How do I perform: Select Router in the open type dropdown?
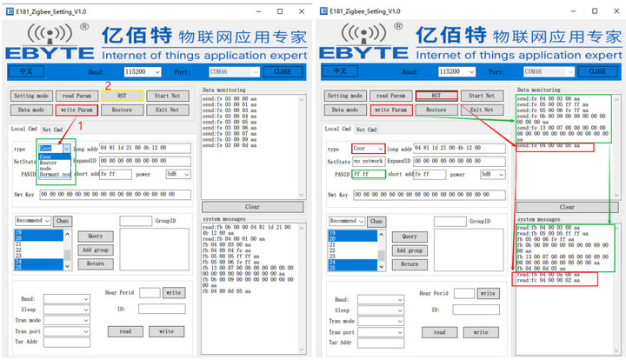50,163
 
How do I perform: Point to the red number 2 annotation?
108,84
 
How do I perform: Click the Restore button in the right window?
436,110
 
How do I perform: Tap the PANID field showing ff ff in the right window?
366,174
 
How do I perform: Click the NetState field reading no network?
368,161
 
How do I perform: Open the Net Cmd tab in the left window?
52,130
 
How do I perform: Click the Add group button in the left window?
96,250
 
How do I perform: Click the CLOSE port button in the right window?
597,71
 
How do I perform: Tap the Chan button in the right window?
376,221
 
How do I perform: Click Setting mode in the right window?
345,96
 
